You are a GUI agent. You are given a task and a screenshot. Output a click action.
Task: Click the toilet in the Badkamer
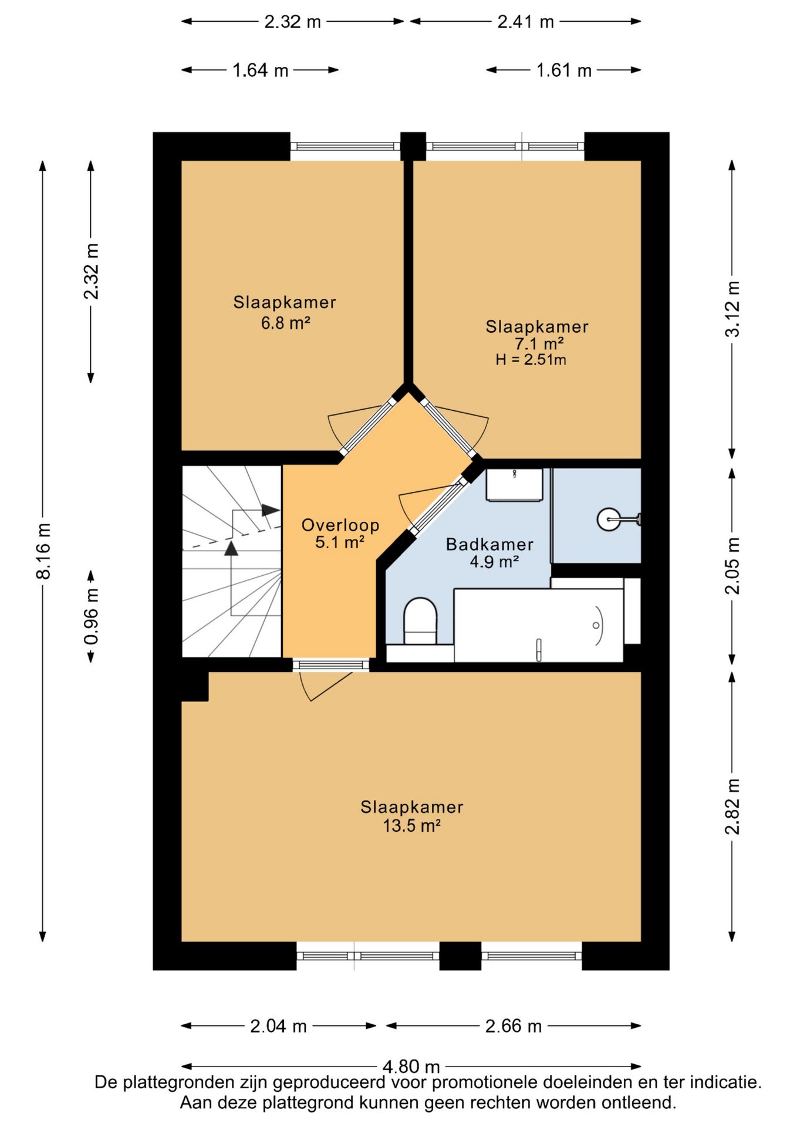point(420,621)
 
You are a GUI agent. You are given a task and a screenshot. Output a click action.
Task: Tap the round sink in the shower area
point(609,519)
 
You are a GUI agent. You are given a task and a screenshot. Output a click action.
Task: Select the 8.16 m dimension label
point(43,551)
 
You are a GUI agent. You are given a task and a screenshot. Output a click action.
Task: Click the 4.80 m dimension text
point(411,1066)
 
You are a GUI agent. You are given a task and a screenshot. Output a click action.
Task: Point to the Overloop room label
point(340,525)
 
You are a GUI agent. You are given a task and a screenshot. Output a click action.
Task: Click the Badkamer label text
point(489,545)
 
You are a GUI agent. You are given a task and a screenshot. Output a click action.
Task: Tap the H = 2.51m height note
point(531,360)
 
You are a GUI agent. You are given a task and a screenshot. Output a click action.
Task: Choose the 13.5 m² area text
point(412,826)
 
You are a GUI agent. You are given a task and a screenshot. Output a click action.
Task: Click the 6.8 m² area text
point(285,323)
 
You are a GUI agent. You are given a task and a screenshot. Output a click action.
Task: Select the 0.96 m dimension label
point(92,616)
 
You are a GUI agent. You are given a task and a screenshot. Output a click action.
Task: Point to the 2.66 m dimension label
point(514,1026)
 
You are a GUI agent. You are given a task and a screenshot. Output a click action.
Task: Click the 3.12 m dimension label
point(732,309)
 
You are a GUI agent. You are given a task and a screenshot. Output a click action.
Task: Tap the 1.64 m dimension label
point(261,70)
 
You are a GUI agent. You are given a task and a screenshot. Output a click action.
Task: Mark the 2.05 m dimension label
point(732,566)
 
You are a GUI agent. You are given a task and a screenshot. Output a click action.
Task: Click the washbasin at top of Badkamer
point(514,485)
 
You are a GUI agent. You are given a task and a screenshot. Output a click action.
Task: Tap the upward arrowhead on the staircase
point(231,548)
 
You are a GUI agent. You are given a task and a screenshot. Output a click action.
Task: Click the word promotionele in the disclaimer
point(485,1082)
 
